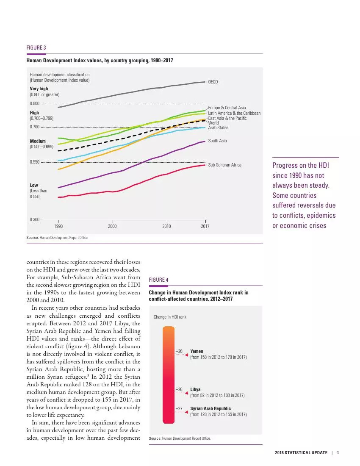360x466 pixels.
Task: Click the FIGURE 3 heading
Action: [x=36, y=47]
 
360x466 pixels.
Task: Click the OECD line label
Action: [x=213, y=82]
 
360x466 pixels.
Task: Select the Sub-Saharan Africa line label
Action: [x=224, y=164]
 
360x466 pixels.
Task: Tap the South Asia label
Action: [x=217, y=141]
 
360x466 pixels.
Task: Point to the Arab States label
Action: [x=218, y=128]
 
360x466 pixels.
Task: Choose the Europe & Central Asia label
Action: [x=227, y=108]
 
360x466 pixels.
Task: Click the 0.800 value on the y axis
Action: [x=34, y=104]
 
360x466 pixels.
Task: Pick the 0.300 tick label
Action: [x=34, y=219]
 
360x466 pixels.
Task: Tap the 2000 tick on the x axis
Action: [x=112, y=227]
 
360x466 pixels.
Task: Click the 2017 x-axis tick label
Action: [x=205, y=227]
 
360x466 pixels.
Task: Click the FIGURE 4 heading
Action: [x=159, y=280]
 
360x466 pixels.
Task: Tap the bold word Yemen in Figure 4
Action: [x=197, y=351]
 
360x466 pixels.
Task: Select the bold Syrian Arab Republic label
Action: [x=211, y=408]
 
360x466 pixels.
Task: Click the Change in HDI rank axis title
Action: [x=170, y=317]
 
